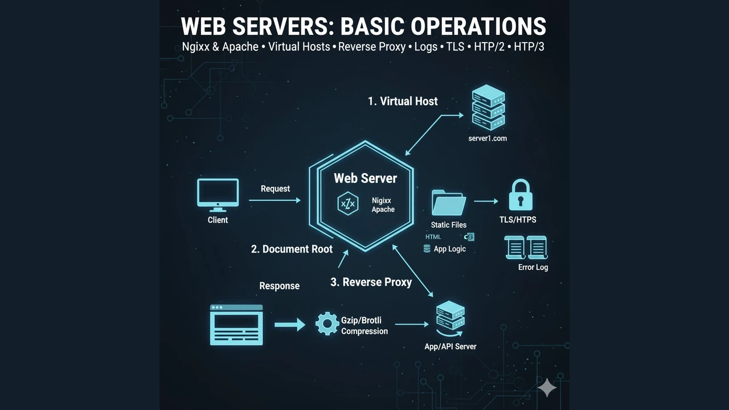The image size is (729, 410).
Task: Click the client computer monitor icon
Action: (218, 194)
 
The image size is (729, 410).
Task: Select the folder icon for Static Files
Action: (449, 203)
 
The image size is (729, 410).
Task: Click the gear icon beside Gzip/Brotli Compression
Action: (327, 323)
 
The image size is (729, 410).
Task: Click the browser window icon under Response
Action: (236, 325)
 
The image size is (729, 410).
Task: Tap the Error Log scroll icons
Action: (526, 248)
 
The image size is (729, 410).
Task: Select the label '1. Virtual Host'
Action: (403, 101)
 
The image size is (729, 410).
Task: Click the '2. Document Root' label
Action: (292, 249)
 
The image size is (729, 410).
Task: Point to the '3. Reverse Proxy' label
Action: (371, 282)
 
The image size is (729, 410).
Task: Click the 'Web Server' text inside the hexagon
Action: (365, 178)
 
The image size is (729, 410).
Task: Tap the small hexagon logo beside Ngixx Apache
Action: (347, 204)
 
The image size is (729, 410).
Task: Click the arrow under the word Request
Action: (275, 200)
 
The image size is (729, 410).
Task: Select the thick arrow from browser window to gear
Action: (289, 325)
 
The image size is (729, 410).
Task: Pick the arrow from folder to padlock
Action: (486, 201)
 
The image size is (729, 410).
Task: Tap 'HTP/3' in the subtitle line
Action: (529, 47)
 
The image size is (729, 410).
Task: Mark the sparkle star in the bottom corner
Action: (547, 387)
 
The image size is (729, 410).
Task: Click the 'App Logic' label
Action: (449, 249)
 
